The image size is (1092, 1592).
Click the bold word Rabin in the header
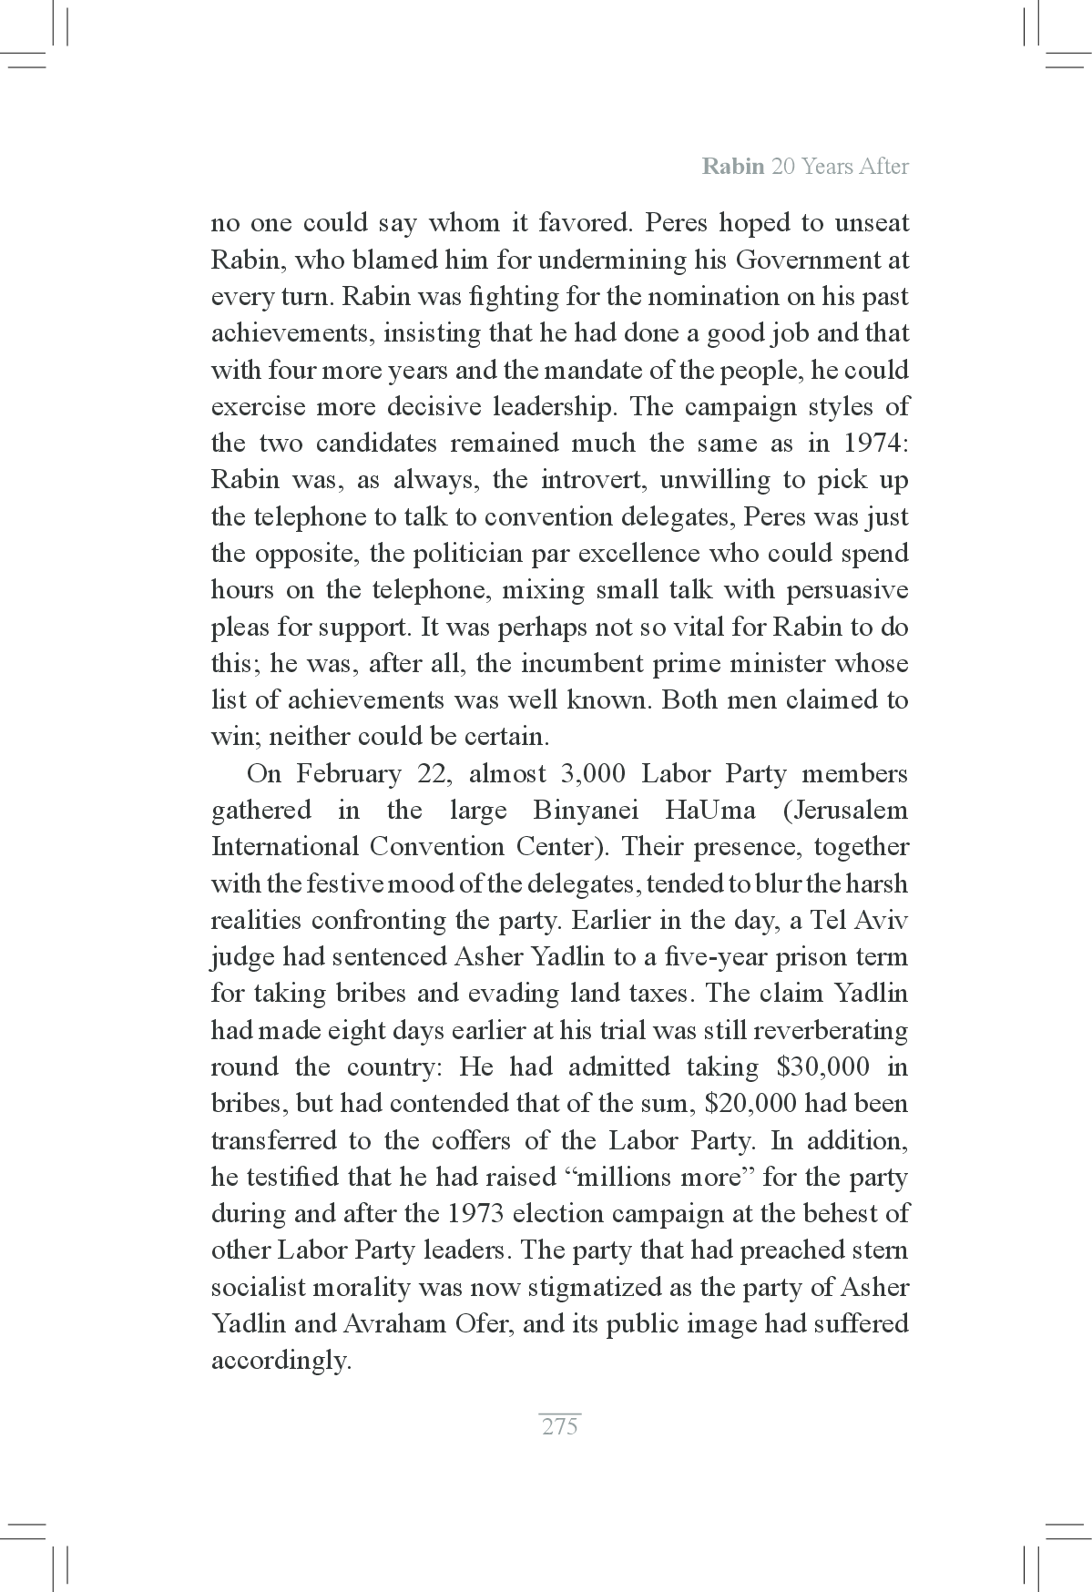coord(732,167)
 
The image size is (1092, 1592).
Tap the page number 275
coord(559,1427)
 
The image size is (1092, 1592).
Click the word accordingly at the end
coord(281,1361)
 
